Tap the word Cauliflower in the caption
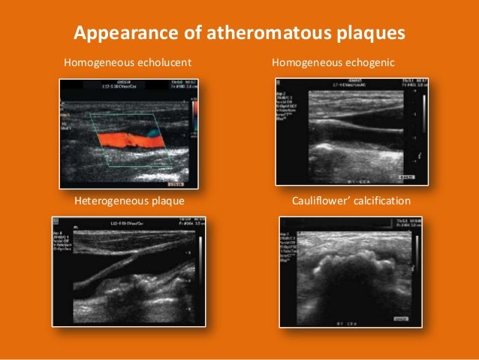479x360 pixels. pos(322,201)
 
